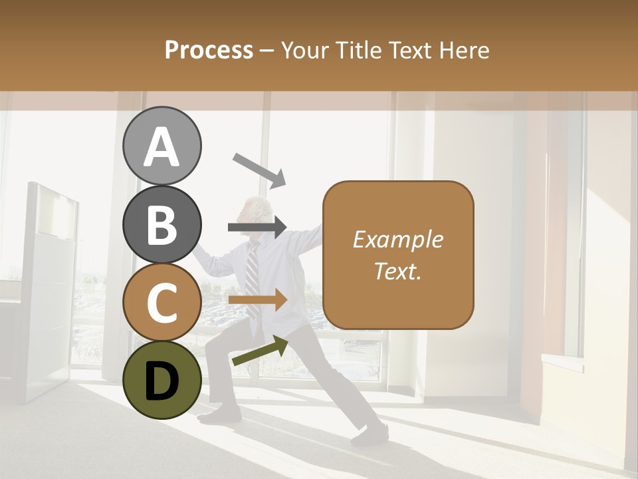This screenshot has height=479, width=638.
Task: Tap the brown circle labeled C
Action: coord(161,302)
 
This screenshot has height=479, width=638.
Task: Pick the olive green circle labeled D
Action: coord(161,380)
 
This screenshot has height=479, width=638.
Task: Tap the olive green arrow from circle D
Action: coord(259,351)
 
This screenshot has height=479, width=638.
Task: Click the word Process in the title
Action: coord(209,50)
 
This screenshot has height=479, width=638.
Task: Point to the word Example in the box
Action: coord(397,239)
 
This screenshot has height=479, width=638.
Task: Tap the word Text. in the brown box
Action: coord(397,271)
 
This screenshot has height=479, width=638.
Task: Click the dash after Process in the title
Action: coord(266,51)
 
